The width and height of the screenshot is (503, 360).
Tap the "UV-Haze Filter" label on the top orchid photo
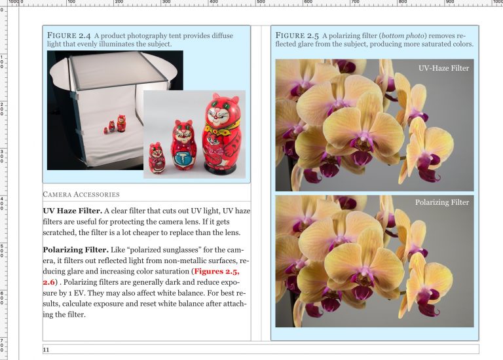[443, 68]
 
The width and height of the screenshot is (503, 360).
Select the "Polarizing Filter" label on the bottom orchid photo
[442, 202]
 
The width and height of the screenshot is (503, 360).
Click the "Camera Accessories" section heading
[81, 194]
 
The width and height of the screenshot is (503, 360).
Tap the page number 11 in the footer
[46, 350]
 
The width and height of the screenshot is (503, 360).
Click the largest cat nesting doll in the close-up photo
[222, 134]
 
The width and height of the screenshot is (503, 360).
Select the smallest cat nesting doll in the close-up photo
[156, 158]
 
